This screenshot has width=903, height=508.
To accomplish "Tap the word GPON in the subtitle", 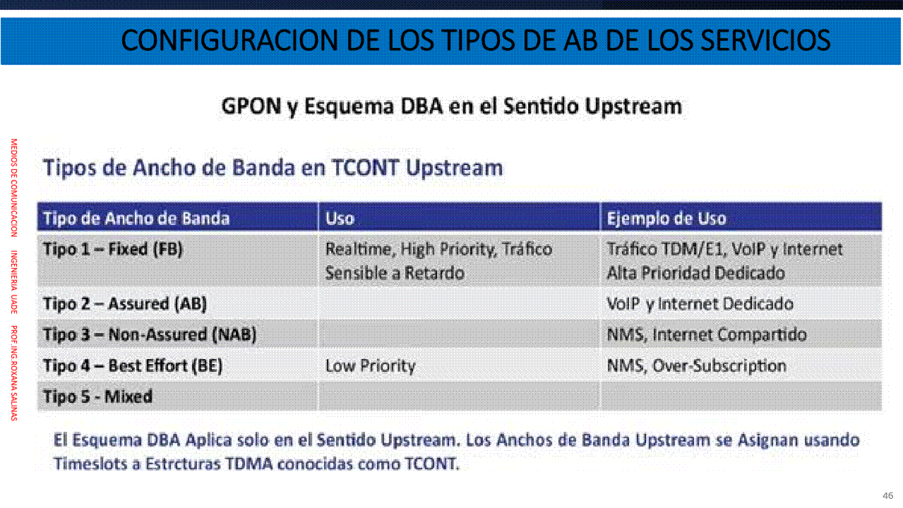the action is pos(251,107).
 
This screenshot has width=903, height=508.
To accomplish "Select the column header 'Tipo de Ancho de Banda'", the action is pos(136,218).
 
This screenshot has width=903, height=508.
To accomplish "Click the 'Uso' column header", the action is pos(340,218).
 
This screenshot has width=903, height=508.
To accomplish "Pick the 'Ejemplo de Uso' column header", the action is pos(666,218).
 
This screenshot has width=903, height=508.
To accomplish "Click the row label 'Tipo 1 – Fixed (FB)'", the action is pos(113,249).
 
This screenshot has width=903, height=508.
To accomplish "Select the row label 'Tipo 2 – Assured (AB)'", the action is pos(125,304).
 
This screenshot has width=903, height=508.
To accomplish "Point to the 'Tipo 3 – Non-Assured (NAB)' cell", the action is pos(150,334).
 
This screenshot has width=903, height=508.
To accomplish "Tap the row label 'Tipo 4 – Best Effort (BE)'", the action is pos(133,366).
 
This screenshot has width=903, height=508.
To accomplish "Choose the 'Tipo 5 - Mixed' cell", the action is pos(98,397).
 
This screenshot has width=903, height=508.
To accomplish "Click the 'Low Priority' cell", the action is pos(371,366).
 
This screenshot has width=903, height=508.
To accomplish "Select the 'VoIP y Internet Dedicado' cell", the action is pos(700,304).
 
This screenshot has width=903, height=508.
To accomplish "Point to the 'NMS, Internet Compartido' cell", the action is pos(707,334).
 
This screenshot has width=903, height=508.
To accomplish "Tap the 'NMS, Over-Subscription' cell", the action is pos(697,366).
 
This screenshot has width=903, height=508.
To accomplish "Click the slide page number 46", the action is pos(888,495).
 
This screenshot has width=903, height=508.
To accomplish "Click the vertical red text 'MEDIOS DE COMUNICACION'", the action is pos(14,188).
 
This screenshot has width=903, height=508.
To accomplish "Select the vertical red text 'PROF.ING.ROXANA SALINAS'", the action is pos(14,373).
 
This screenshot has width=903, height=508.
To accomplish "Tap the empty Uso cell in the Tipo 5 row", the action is pos(459,397).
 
